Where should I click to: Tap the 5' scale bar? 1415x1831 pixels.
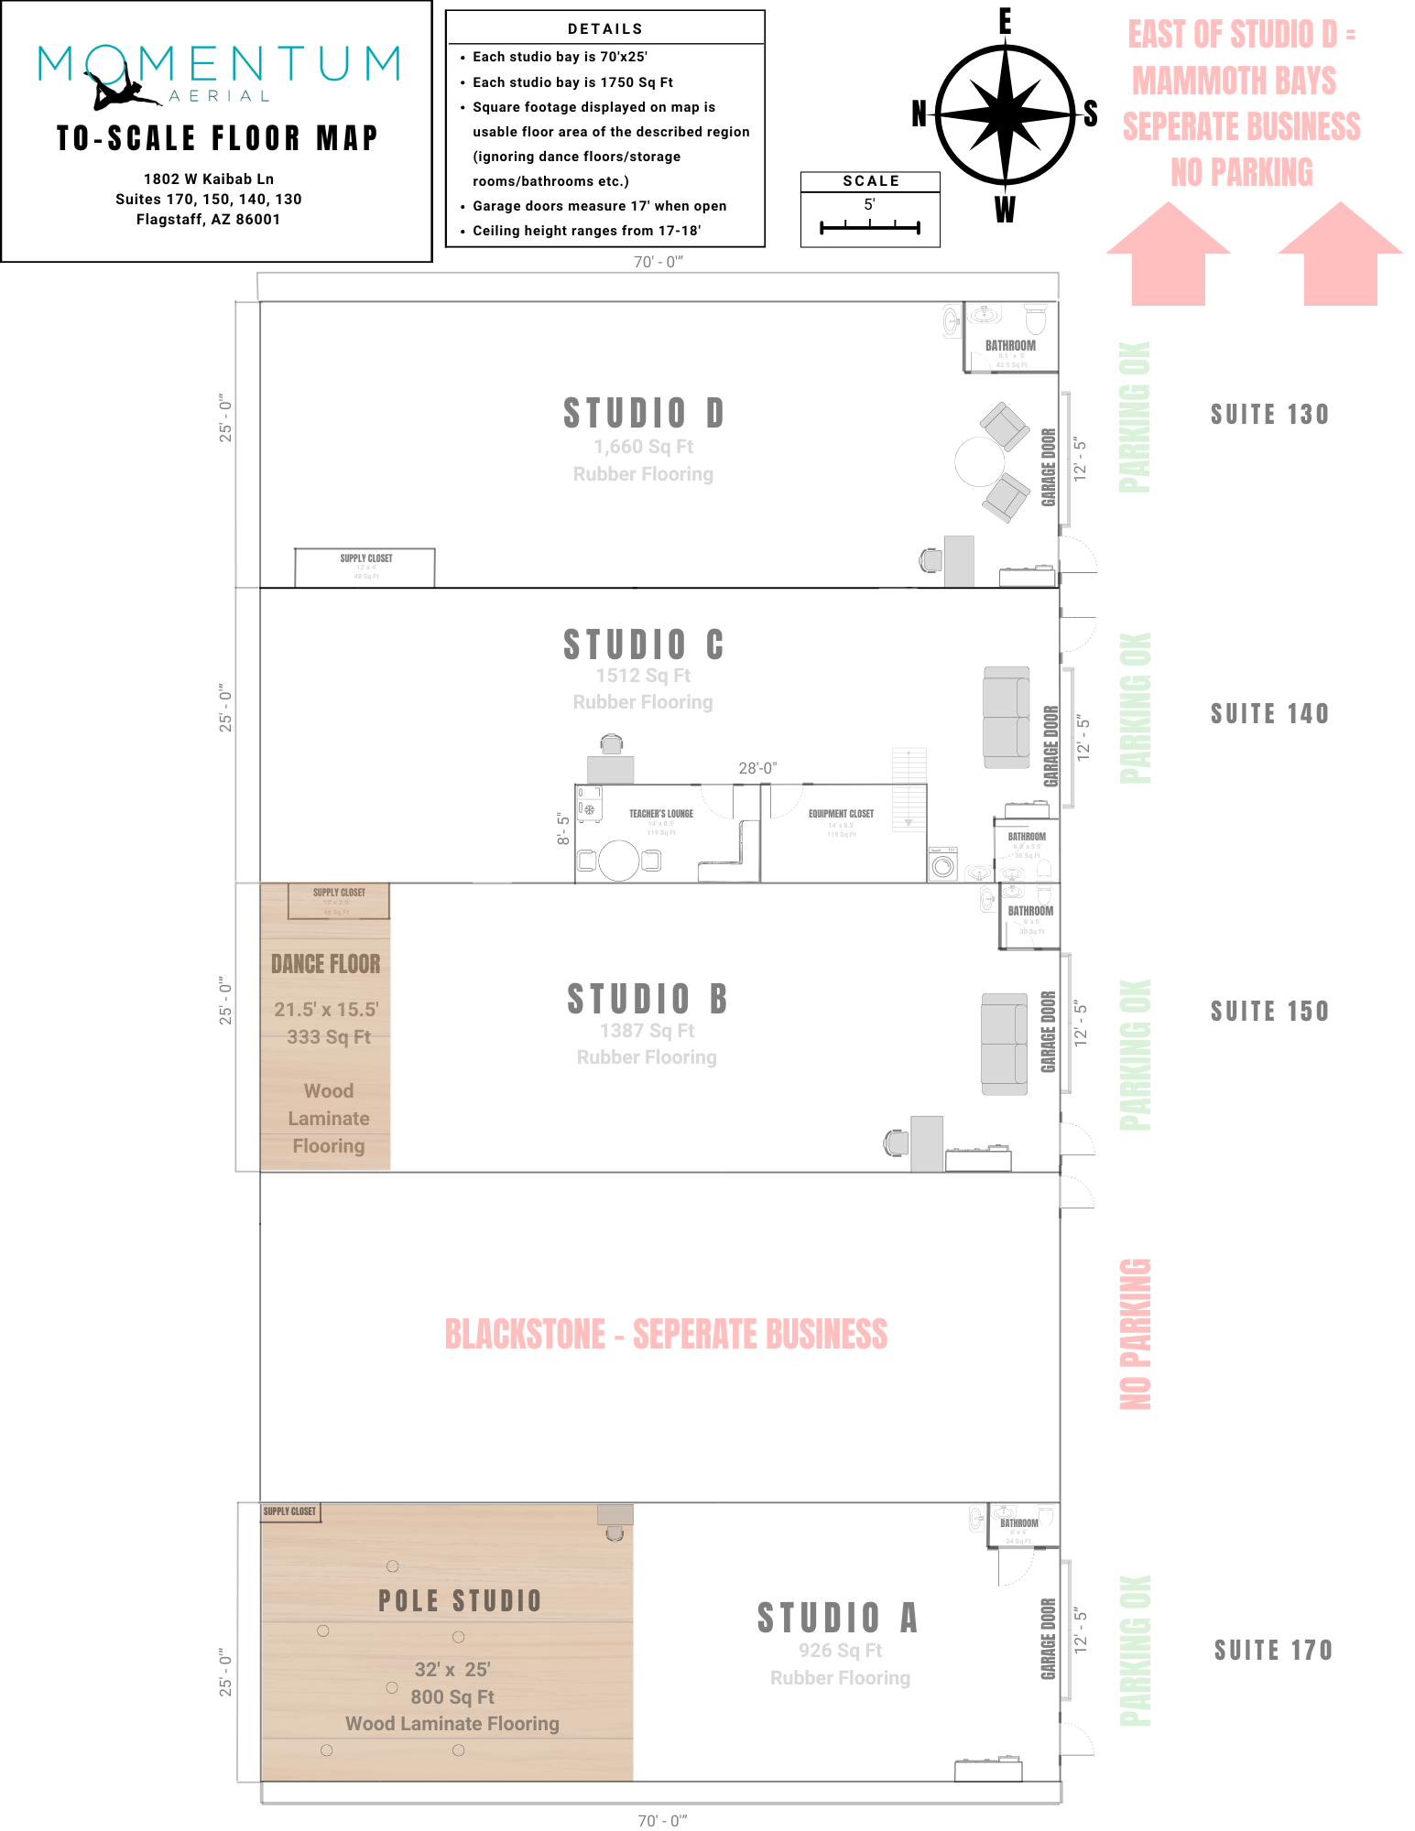869,226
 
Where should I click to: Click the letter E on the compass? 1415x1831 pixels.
1006,21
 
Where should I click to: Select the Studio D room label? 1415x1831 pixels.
643,414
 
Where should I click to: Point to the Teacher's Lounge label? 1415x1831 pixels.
660,813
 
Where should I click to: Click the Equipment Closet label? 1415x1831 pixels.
841,813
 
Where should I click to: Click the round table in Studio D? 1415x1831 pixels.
979,461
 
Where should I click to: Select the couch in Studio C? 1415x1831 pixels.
1006,717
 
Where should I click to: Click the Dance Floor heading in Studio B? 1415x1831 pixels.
325,964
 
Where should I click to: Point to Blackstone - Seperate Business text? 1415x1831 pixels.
666,1335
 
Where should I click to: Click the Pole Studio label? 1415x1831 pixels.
460,1601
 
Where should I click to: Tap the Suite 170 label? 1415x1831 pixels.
1273,1651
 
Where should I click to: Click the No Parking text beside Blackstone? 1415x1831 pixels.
1136,1334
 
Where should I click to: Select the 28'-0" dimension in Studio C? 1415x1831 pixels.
757,768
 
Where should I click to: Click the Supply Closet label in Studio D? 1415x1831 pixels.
365,558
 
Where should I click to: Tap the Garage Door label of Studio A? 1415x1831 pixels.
1049,1639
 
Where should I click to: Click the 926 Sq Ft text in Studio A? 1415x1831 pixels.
840,1651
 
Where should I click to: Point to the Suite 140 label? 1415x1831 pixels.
1269,714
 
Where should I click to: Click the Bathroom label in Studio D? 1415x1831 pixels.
1010,346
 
